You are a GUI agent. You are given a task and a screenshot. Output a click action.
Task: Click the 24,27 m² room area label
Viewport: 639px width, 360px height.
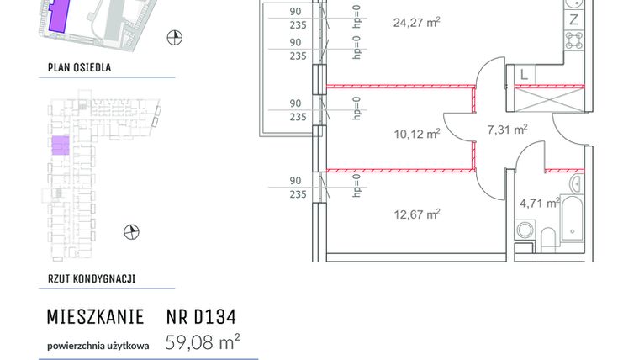(417, 24)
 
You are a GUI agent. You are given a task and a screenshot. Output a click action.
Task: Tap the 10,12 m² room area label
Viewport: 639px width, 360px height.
(418, 133)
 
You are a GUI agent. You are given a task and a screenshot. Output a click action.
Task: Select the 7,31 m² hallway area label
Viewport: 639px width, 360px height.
(508, 130)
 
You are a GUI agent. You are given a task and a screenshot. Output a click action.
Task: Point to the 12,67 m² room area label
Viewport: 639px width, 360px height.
(417, 214)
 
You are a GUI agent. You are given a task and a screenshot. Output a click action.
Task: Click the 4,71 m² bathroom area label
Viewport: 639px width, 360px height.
(540, 203)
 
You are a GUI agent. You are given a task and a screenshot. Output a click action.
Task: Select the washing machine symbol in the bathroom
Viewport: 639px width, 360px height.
(525, 230)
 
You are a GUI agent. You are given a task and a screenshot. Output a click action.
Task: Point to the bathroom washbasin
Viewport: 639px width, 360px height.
(577, 183)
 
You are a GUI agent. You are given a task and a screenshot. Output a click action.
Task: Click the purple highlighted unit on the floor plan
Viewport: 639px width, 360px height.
(61, 146)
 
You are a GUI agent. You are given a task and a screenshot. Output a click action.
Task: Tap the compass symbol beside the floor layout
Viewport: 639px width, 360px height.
(130, 231)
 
